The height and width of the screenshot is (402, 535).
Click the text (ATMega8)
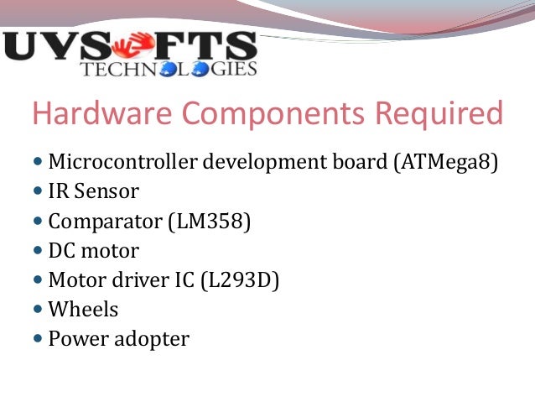coord(445,163)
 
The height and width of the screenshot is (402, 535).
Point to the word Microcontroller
coord(114,162)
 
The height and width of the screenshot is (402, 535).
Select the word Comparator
coord(105,222)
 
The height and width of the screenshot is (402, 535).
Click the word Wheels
coord(83,310)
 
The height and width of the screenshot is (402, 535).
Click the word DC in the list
coord(61,251)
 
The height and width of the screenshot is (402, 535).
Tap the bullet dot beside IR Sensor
coord(39,191)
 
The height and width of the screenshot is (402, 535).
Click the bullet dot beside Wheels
coord(39,310)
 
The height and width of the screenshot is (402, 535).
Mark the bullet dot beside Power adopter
coord(39,339)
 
